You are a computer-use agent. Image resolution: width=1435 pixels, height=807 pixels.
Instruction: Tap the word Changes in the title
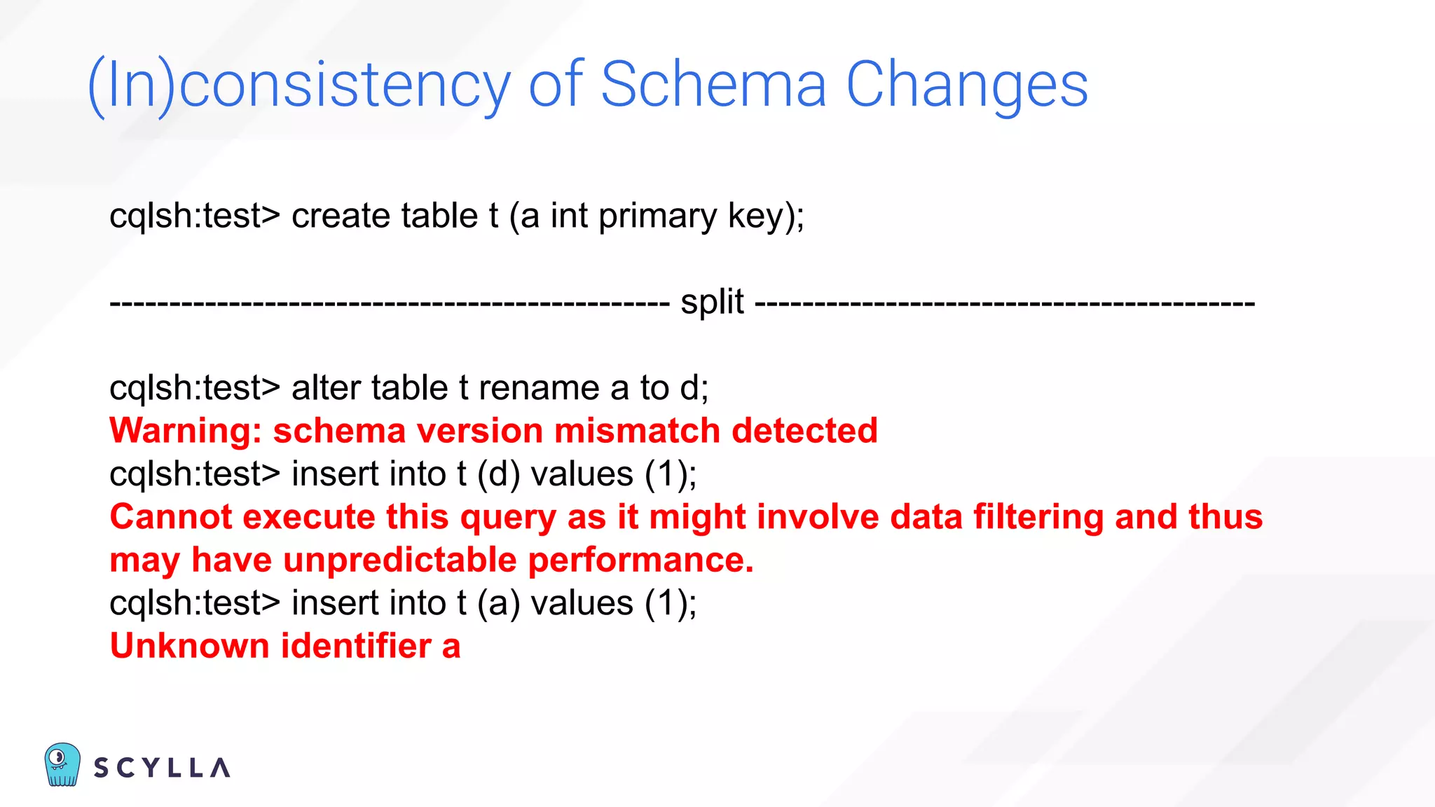point(967,85)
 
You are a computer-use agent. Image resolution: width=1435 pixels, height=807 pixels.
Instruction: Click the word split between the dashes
point(712,303)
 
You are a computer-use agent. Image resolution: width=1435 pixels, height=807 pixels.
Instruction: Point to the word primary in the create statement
point(657,216)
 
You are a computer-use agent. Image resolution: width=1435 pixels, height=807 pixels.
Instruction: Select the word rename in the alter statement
point(539,387)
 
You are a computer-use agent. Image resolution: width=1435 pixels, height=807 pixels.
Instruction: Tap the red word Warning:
point(186,431)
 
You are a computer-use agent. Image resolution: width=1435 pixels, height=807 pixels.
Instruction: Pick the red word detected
point(804,431)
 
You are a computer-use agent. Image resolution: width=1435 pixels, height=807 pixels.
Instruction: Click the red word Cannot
point(171,517)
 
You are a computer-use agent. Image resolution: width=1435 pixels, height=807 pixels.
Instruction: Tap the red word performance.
point(640,560)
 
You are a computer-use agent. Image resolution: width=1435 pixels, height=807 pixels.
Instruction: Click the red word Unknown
point(189,646)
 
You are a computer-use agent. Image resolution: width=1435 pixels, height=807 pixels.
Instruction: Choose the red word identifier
point(356,646)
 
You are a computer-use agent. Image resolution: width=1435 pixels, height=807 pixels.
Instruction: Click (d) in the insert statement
point(498,474)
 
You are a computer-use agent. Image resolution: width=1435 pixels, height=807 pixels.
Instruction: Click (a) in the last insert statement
point(498,603)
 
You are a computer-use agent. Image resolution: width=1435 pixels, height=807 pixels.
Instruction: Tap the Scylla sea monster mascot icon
point(62,764)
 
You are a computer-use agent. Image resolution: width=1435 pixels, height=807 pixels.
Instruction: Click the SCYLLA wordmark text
point(162,768)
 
